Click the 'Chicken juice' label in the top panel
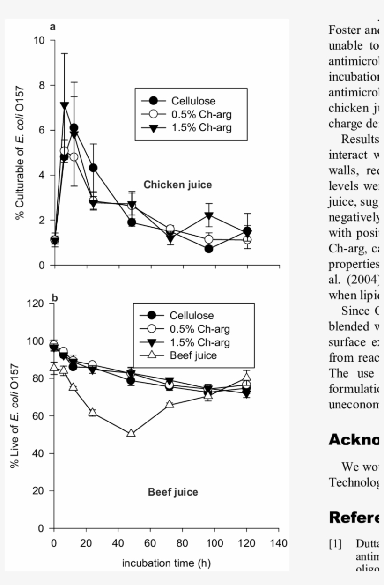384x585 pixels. click(x=177, y=185)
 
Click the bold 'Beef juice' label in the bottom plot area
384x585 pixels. click(x=173, y=492)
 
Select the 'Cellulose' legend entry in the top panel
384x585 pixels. click(x=193, y=101)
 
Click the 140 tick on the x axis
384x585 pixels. click(x=279, y=543)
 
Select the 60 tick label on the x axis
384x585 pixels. click(x=150, y=543)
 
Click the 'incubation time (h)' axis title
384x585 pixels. click(x=166, y=563)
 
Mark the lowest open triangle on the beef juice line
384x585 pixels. click(x=131, y=433)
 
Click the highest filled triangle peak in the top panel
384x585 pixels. click(x=65, y=106)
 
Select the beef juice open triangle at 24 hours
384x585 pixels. click(x=92, y=412)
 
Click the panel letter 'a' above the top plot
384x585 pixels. click(x=53, y=27)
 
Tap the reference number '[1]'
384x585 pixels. click(x=335, y=544)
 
